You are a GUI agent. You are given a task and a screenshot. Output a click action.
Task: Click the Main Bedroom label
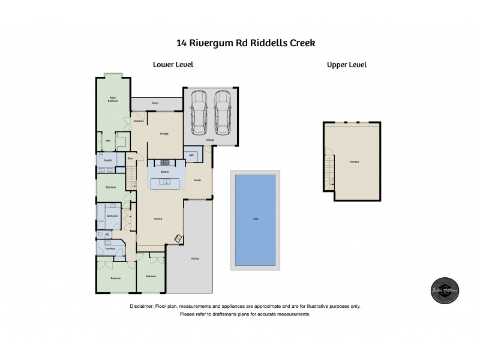(x=112, y=100)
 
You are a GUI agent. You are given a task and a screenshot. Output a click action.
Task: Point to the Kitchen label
(x=165, y=172)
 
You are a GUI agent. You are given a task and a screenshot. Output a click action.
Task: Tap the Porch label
(x=155, y=103)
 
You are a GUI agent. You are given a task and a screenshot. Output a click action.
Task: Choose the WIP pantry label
(x=191, y=154)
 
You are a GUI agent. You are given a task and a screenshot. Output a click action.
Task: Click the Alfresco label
(x=196, y=258)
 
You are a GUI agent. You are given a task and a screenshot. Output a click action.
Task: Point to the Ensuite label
(x=109, y=160)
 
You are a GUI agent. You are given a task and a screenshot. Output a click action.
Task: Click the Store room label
(x=130, y=159)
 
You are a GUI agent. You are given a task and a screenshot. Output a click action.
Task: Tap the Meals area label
(x=197, y=180)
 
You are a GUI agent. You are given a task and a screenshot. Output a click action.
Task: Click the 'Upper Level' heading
(x=346, y=65)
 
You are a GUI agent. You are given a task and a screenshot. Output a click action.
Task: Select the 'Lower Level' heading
(x=173, y=65)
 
